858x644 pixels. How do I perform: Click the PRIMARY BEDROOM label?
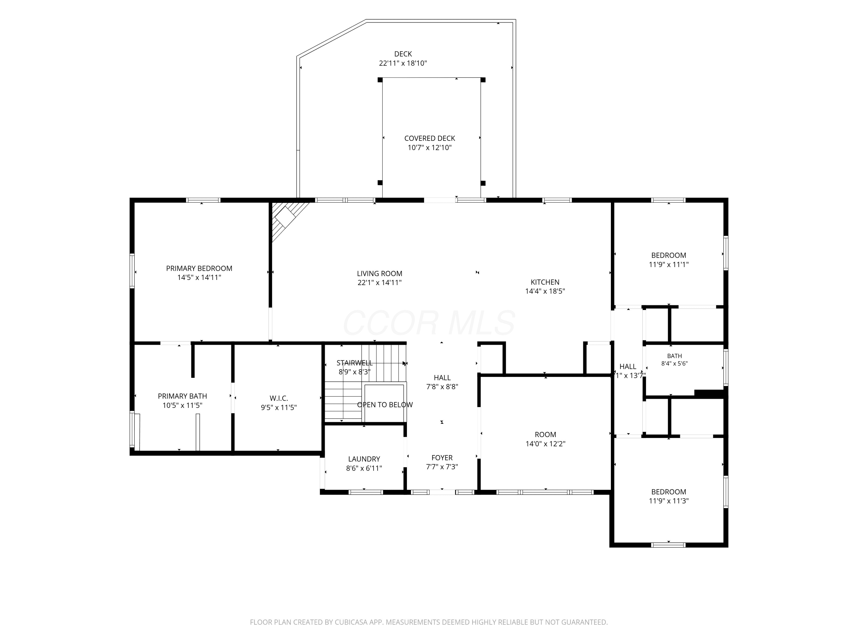pyautogui.click(x=199, y=268)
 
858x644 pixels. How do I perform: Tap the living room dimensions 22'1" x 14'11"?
pyautogui.click(x=379, y=283)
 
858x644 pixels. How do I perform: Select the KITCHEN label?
pyautogui.click(x=545, y=282)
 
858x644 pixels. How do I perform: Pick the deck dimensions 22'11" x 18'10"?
pyautogui.click(x=403, y=63)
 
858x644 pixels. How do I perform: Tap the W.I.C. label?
pyautogui.click(x=279, y=398)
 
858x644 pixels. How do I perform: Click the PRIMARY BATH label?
pyautogui.click(x=182, y=396)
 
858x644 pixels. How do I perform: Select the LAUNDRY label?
pyautogui.click(x=364, y=459)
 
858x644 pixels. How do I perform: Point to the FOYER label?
pyautogui.click(x=442, y=458)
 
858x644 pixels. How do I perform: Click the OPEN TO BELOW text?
pyautogui.click(x=385, y=404)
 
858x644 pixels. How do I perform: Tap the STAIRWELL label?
pyautogui.click(x=355, y=363)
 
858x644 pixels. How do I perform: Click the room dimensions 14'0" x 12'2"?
pyautogui.click(x=545, y=444)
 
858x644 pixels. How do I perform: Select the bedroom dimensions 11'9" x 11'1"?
pyautogui.click(x=669, y=265)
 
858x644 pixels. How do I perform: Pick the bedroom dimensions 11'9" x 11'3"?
pyautogui.click(x=669, y=501)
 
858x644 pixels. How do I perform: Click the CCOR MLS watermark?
pyautogui.click(x=429, y=323)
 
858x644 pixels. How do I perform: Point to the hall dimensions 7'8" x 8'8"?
pyautogui.click(x=442, y=387)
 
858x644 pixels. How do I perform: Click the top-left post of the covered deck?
pyautogui.click(x=380, y=80)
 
